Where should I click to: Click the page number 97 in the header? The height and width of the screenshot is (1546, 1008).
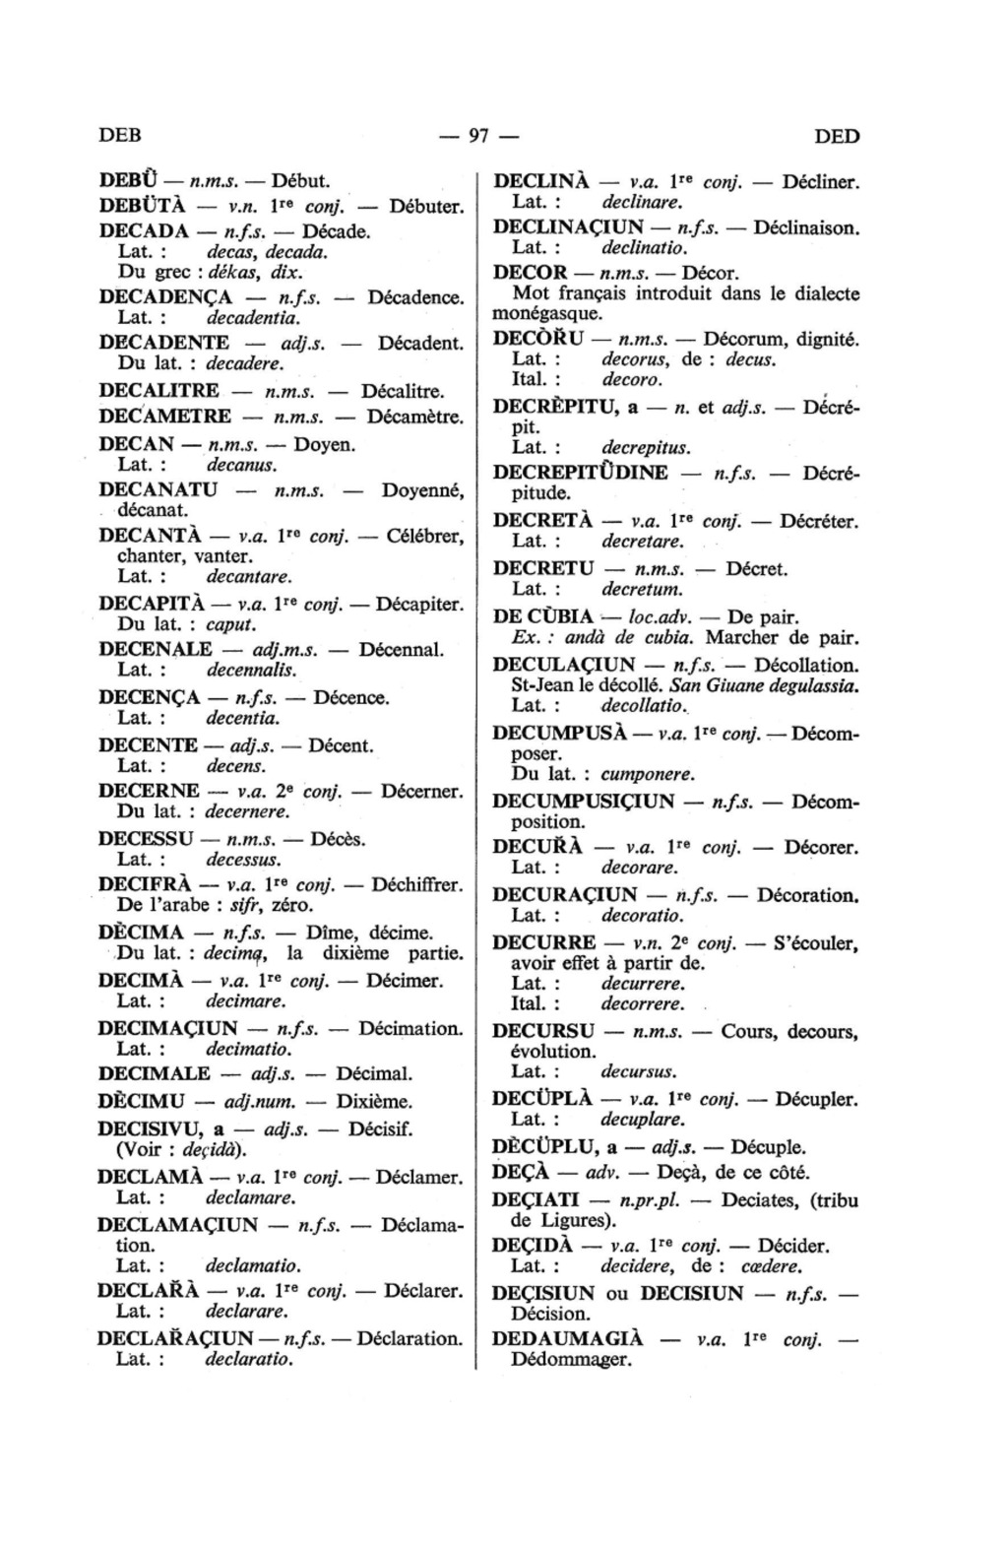[x=479, y=136]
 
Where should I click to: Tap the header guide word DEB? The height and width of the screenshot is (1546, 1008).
[x=121, y=136]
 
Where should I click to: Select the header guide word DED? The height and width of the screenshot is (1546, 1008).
[x=837, y=136]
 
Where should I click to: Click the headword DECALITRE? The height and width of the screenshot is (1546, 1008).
[x=159, y=391]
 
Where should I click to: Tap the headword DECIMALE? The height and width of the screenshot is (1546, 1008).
[x=155, y=1073]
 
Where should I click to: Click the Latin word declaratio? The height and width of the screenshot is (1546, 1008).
[x=249, y=1360]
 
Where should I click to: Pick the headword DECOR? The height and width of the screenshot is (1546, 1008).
[x=530, y=272]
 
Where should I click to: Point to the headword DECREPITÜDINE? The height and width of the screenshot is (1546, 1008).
[x=580, y=472]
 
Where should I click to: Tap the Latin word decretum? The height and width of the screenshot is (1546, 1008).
[x=642, y=589]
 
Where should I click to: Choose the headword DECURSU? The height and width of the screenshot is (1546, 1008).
[x=543, y=1031]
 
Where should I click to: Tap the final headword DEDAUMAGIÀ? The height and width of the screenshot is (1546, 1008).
[x=567, y=1339]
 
